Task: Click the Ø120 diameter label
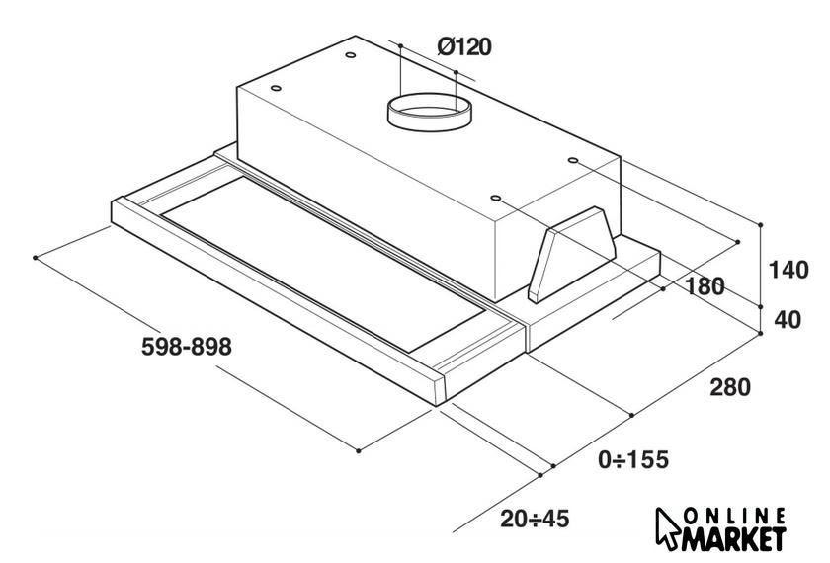[464, 47]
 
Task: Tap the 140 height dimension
[788, 270]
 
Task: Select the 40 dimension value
[788, 320]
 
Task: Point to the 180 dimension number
[705, 286]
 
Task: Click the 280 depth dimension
[730, 387]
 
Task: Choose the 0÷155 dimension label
[633, 459]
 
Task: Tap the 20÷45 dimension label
[535, 519]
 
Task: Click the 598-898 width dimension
[187, 347]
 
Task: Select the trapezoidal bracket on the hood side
[573, 253]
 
